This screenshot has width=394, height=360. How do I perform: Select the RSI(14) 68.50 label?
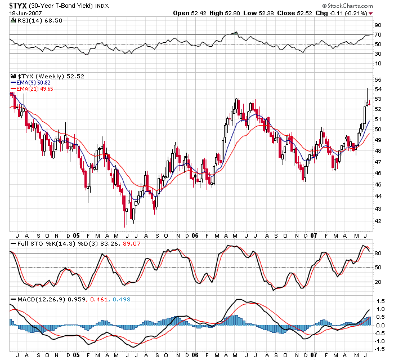(32, 20)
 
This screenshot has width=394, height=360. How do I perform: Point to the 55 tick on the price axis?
(377, 80)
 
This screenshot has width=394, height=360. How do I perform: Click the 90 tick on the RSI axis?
(377, 24)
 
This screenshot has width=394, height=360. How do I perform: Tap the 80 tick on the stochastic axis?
(377, 253)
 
